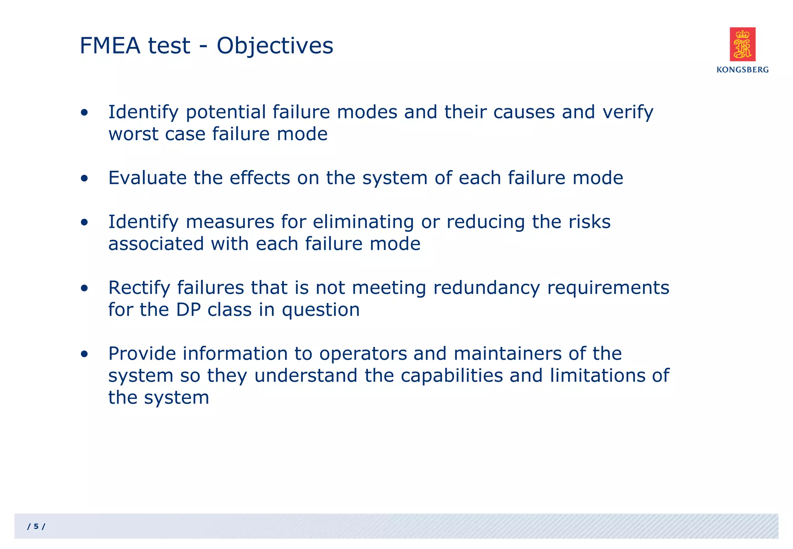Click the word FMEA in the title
[x=110, y=46]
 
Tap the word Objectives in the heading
[x=275, y=46]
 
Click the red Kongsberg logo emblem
[x=742, y=44]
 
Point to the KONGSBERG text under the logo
[x=742, y=70]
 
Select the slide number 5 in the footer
[x=36, y=527]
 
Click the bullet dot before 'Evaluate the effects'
[x=84, y=178]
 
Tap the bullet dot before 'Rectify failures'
[x=84, y=288]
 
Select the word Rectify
[x=139, y=288]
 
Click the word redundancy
[x=486, y=288]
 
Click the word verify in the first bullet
[x=628, y=113]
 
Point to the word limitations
[x=597, y=376]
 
